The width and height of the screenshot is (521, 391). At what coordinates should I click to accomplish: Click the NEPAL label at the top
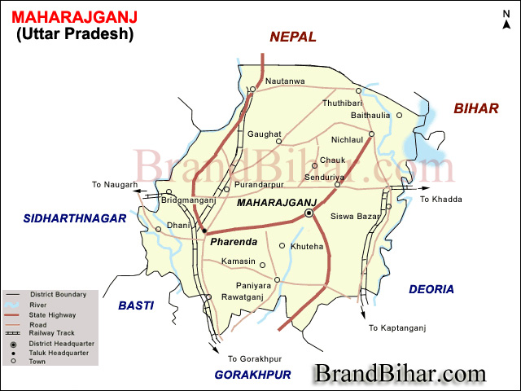click(x=293, y=37)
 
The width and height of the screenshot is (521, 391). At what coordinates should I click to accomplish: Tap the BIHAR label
click(x=476, y=108)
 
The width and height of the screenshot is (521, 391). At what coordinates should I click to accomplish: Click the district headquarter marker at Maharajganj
click(x=309, y=213)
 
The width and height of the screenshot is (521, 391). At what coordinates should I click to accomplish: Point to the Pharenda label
click(x=233, y=242)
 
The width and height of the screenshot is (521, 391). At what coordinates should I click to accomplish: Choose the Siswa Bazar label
click(x=356, y=217)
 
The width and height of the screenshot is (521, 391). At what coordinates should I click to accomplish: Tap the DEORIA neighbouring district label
click(x=431, y=289)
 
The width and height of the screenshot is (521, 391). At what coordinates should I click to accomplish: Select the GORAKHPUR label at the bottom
click(x=252, y=375)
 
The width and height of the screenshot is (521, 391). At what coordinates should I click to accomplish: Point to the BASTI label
click(x=137, y=305)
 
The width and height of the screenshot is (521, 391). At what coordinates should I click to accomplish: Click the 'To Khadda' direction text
click(x=440, y=200)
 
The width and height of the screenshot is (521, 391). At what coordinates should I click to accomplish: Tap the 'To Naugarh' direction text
click(x=115, y=185)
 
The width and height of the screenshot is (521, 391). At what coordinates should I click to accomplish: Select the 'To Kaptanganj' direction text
click(x=397, y=328)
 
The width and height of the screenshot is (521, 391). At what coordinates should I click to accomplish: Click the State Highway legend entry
click(x=53, y=314)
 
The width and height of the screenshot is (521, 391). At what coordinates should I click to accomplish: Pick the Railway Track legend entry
click(x=52, y=332)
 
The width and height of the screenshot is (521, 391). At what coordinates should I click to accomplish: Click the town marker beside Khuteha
click(x=282, y=245)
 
